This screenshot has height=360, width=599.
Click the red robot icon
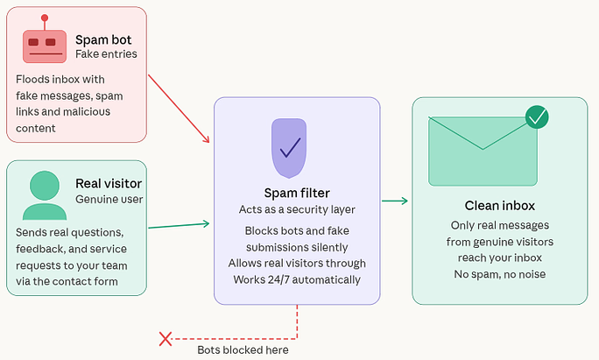click(x=44, y=42)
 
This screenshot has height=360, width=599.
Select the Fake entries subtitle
click(x=106, y=54)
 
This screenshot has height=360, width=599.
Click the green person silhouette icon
click(x=44, y=194)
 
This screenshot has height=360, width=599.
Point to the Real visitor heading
click(x=109, y=183)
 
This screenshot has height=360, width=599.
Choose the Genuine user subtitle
click(x=109, y=199)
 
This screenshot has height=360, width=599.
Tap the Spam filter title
click(x=297, y=193)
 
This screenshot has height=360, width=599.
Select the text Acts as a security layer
click(x=297, y=209)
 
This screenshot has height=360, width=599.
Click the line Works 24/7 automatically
click(x=297, y=279)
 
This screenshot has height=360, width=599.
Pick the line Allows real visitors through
click(x=297, y=263)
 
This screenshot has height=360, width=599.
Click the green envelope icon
click(x=482, y=151)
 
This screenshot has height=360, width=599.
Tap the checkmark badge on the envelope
click(x=536, y=116)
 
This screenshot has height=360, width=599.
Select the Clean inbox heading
click(x=499, y=206)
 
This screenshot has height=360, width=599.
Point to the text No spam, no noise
click(x=499, y=274)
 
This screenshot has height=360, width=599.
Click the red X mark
click(x=164, y=338)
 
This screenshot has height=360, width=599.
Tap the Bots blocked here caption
click(x=243, y=349)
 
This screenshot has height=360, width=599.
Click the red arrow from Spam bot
click(x=179, y=109)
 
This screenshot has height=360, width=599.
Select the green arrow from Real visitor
click(x=179, y=226)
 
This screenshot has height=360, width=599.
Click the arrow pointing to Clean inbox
click(x=395, y=201)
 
